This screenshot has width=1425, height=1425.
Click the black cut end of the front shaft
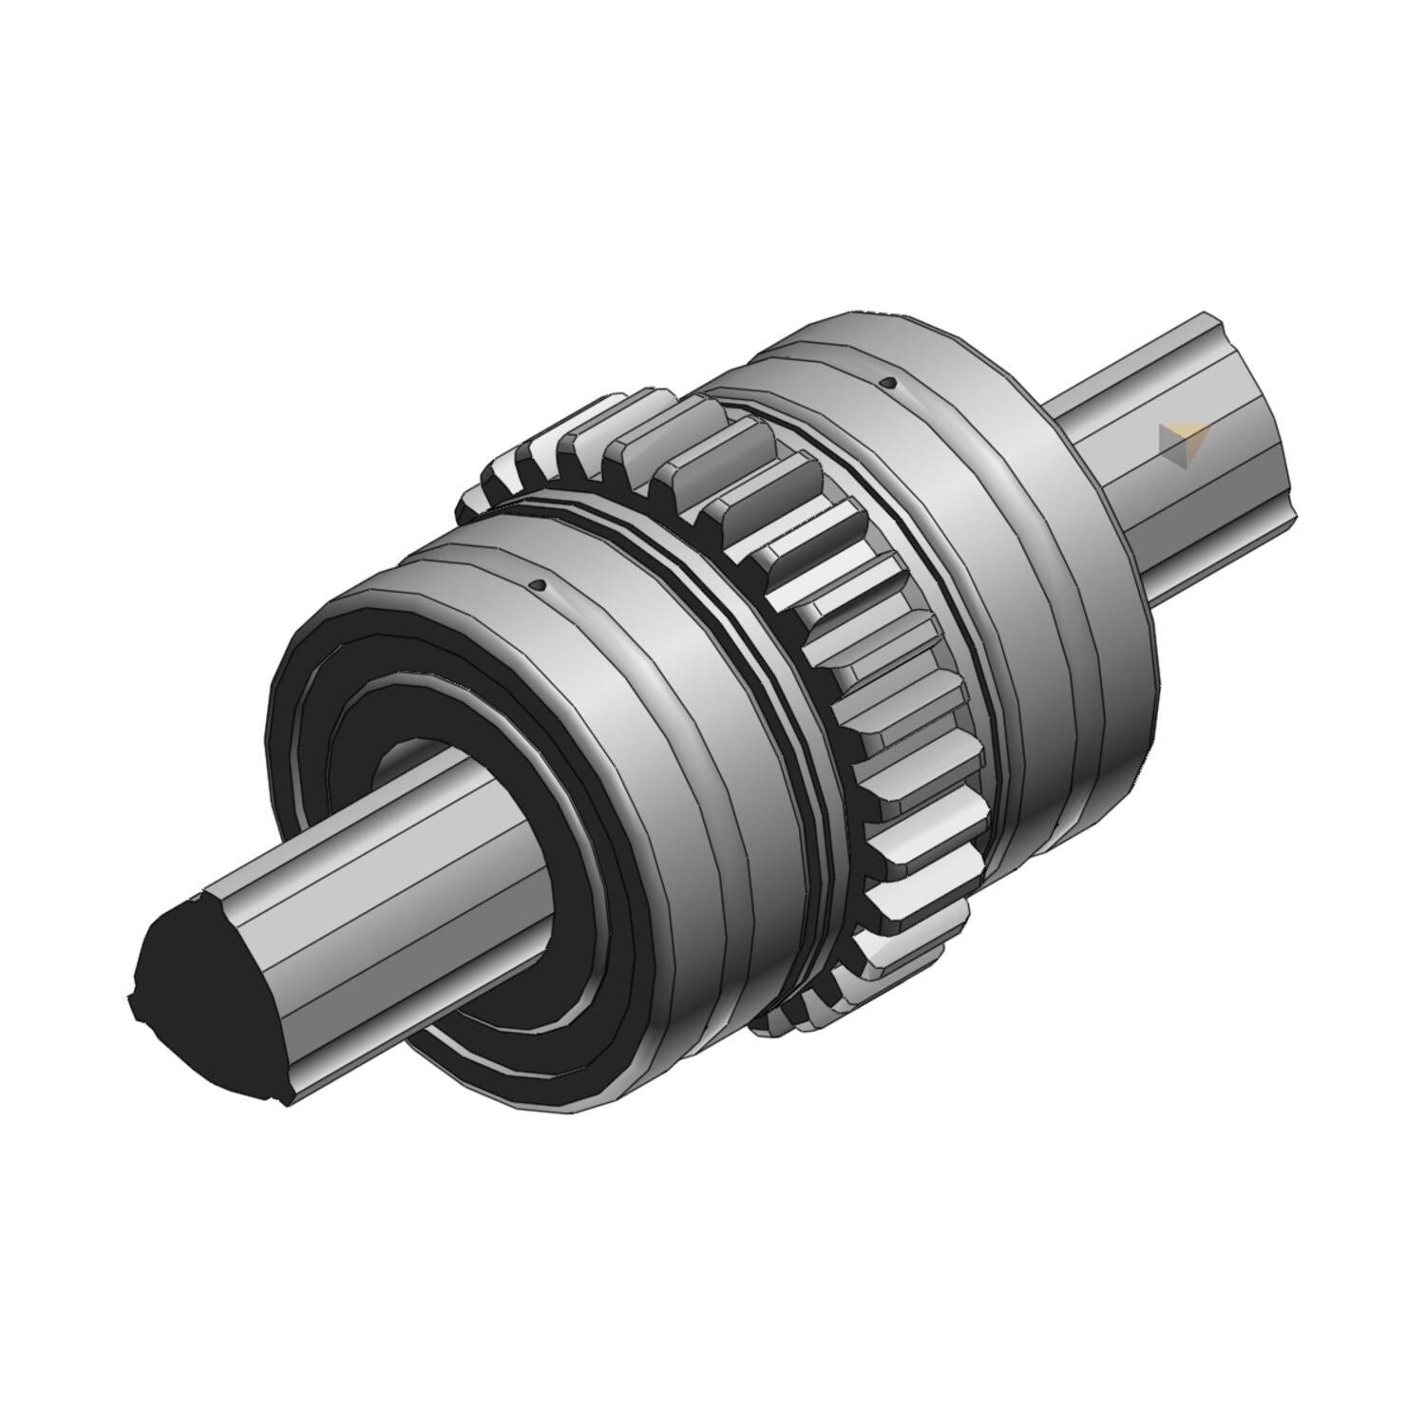204,997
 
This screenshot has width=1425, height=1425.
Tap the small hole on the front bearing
540,585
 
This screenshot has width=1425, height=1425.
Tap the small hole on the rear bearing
889,383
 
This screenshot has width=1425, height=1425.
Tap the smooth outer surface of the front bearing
646,684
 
